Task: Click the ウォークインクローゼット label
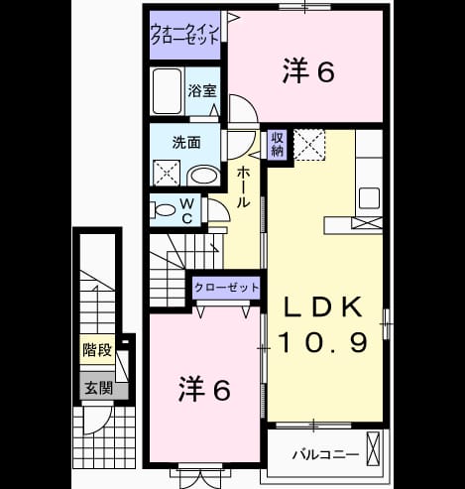pos(184,35)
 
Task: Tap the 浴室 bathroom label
pos(202,91)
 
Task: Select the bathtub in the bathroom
pos(168,91)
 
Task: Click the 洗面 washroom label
pos(186,143)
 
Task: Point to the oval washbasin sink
pos(204,176)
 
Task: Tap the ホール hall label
pos(243,186)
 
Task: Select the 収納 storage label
pos(277,144)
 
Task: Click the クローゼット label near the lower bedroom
pos(226,288)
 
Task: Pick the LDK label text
pos(323,307)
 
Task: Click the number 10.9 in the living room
pos(323,342)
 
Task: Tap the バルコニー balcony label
pos(325,455)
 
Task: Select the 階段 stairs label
pos(97,350)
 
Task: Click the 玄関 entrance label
pos(98,388)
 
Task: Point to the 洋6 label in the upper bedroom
pos(308,70)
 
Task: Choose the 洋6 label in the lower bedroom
pos(204,389)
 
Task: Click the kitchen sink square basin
pos(369,197)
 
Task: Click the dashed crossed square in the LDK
pos(309,145)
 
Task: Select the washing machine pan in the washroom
pos(167,173)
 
